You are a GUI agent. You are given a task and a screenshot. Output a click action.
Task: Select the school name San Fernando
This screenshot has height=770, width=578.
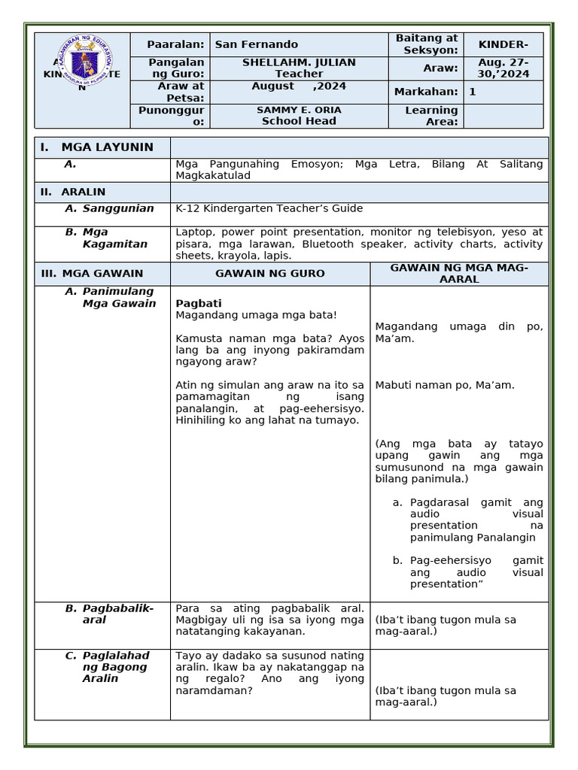pos(256,44)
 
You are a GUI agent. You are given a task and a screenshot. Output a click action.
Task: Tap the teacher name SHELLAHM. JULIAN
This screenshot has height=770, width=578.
pos(299,62)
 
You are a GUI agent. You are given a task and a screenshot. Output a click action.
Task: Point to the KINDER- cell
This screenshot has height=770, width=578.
pos(503,44)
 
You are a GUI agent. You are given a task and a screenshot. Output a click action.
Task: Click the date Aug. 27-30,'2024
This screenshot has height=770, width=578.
pos(503,68)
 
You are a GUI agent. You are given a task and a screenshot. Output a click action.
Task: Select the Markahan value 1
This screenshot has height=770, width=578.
pos(473,92)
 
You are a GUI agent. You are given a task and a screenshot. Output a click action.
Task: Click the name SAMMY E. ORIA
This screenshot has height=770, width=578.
pos(299,110)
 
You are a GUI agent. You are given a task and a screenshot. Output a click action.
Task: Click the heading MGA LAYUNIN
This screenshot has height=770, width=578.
pos(107,147)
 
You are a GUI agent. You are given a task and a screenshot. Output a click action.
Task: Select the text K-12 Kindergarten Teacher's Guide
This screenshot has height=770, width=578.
pos(269,208)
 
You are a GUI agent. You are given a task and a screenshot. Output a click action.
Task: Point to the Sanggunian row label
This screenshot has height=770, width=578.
pos(118,208)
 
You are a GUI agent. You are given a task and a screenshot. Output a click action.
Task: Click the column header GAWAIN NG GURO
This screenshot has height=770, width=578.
pos(269,274)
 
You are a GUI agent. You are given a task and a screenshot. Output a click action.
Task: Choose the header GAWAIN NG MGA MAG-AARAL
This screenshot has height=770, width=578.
pos(458,274)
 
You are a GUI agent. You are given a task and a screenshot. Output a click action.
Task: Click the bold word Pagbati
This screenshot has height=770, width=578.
pos(198,303)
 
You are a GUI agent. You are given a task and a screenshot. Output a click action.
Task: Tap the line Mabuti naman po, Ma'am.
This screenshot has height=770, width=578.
pos(444,385)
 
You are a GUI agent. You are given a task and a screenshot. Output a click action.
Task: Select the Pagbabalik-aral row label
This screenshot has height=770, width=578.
pos(118,614)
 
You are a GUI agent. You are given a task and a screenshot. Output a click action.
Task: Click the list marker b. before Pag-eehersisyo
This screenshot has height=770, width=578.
pos(397,560)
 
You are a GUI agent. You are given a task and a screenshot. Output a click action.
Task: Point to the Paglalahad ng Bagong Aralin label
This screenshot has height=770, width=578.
pos(116,667)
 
